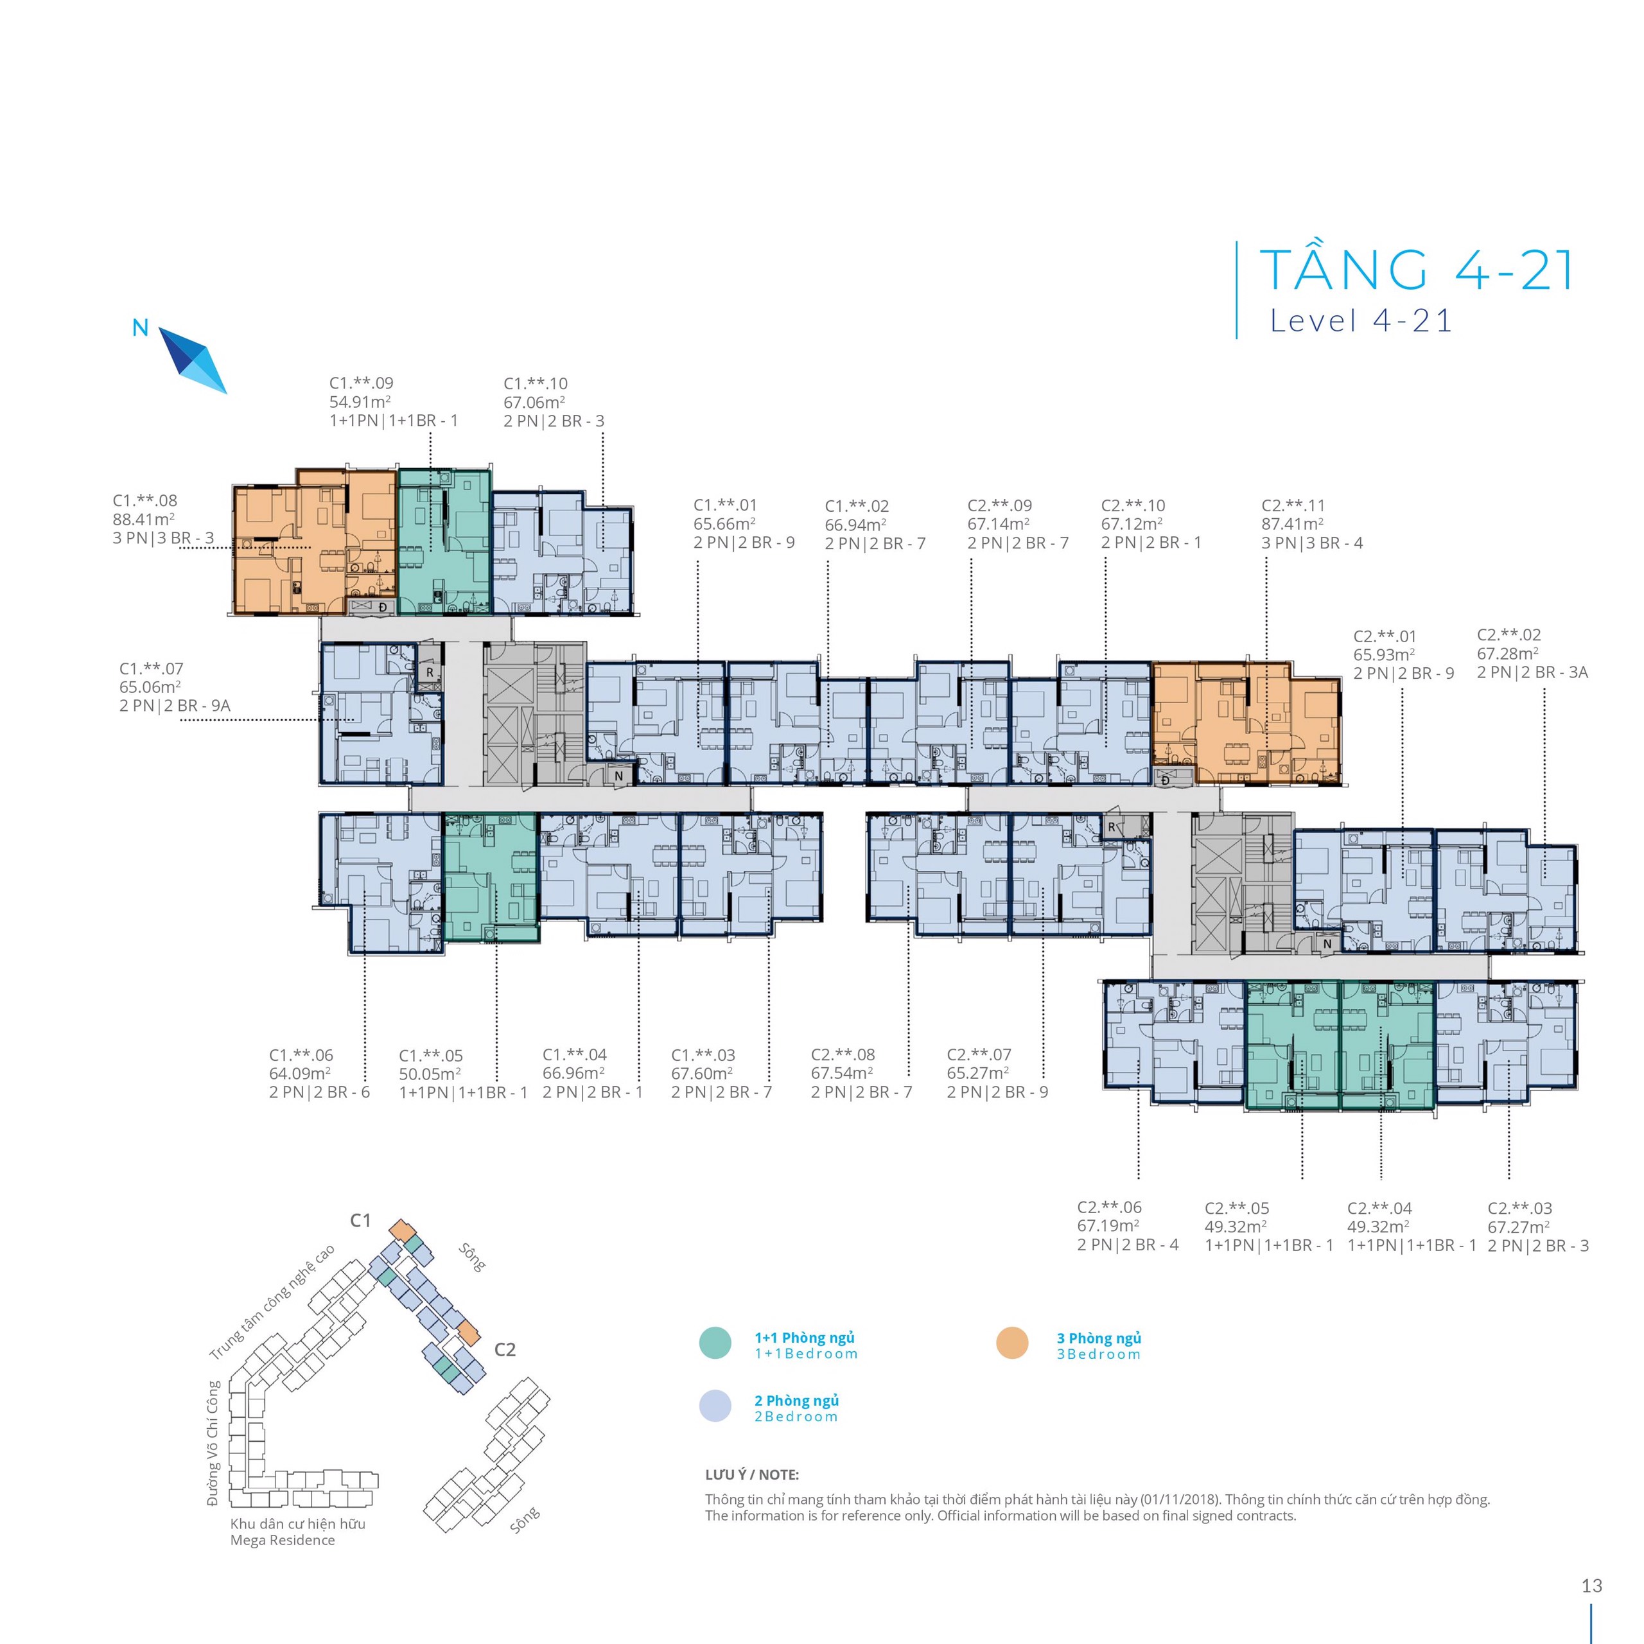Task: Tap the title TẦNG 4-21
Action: point(1417,270)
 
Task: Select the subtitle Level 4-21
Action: point(1361,321)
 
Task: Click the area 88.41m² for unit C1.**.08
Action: point(144,519)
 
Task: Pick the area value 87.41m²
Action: point(1293,524)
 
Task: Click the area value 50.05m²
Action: point(430,1074)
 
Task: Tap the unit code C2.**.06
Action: point(1110,1207)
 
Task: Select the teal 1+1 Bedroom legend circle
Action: point(715,1343)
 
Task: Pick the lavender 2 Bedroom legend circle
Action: point(715,1406)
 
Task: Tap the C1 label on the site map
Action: point(361,1220)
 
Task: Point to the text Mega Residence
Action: point(283,1540)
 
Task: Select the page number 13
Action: point(1592,1586)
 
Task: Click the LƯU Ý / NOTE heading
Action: point(752,1474)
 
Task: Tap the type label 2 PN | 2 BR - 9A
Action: point(175,705)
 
